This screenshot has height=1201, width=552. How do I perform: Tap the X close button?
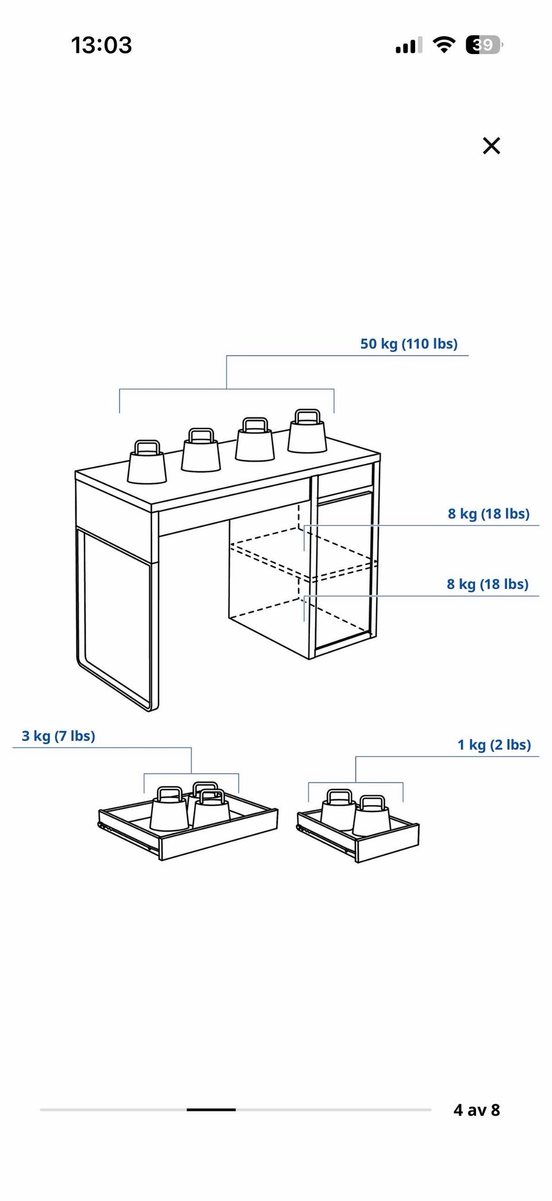tap(492, 146)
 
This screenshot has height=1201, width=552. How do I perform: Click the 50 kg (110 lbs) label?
tap(409, 344)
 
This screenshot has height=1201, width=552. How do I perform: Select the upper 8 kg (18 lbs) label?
tap(489, 514)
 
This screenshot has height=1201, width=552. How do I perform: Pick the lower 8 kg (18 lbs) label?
tap(488, 585)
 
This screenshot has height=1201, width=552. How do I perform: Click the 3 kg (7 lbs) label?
tap(59, 736)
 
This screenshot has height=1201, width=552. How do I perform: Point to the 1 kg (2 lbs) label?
tap(494, 745)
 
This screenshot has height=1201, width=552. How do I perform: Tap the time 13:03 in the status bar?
tap(102, 45)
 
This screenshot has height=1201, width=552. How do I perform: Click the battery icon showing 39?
tap(484, 45)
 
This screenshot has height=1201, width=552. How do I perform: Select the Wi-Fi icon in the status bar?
tap(443, 45)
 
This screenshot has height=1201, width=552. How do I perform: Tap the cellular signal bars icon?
tap(409, 45)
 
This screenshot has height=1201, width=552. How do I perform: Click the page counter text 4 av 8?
tap(477, 1110)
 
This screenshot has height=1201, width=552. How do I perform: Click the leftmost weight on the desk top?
tap(147, 462)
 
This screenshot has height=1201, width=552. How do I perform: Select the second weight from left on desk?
tap(201, 450)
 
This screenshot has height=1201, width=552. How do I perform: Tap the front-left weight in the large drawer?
tap(170, 809)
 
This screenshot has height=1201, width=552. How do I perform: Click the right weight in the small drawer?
tap(371, 816)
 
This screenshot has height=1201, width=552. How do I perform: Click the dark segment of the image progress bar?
tap(211, 1110)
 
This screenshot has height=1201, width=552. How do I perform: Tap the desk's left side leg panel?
tap(117, 619)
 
